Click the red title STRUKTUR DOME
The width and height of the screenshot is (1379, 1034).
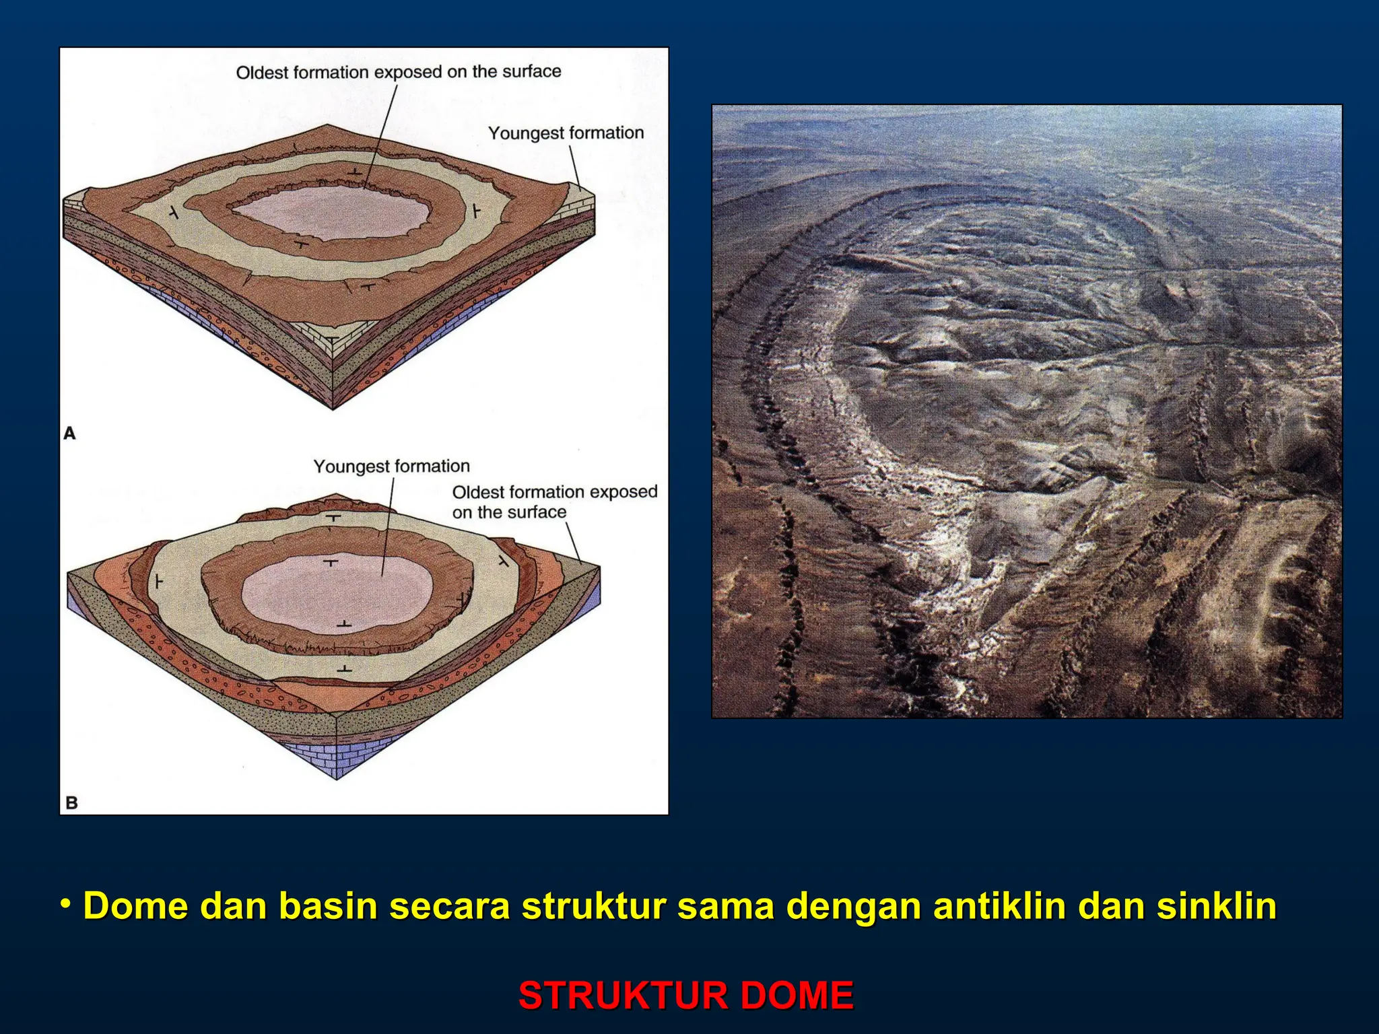point(686,996)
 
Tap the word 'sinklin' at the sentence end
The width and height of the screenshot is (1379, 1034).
point(1217,906)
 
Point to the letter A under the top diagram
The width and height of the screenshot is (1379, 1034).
point(69,434)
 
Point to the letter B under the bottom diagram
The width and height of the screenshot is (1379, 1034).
point(71,802)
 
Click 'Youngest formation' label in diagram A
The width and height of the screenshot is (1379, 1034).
point(566,133)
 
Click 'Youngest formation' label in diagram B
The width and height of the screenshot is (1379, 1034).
point(391,466)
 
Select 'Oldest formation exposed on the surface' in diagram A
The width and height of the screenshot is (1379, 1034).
point(398,72)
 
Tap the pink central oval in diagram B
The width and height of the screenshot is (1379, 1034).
point(337,592)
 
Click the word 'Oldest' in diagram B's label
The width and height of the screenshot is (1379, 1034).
point(475,492)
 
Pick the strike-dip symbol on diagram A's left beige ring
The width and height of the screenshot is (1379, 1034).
point(174,213)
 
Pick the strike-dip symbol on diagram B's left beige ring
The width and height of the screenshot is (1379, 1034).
point(158,580)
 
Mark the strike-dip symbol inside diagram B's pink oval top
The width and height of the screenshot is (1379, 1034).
point(331,561)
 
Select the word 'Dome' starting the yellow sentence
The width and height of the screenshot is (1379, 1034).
point(135,906)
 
